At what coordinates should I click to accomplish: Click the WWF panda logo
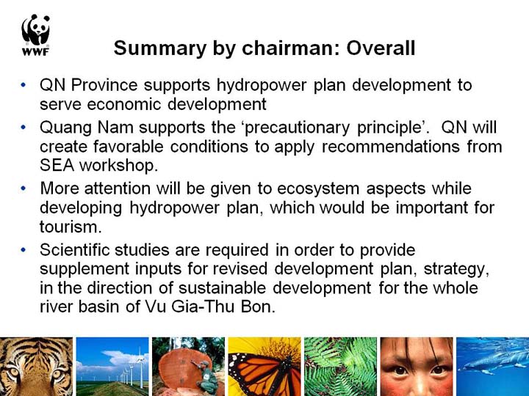click(x=36, y=34)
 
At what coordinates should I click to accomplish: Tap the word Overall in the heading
click(x=381, y=48)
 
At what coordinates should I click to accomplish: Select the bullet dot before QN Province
click(x=24, y=85)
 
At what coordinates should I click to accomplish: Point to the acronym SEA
click(x=57, y=165)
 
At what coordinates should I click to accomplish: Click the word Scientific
click(x=74, y=250)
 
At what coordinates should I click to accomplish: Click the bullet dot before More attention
click(x=24, y=188)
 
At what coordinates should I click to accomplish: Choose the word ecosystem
click(x=318, y=188)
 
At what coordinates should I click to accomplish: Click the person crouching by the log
click(x=206, y=377)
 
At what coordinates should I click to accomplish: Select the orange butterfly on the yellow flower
click(x=262, y=375)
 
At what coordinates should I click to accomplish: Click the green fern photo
click(x=340, y=367)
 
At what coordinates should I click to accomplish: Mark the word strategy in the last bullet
click(x=456, y=269)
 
